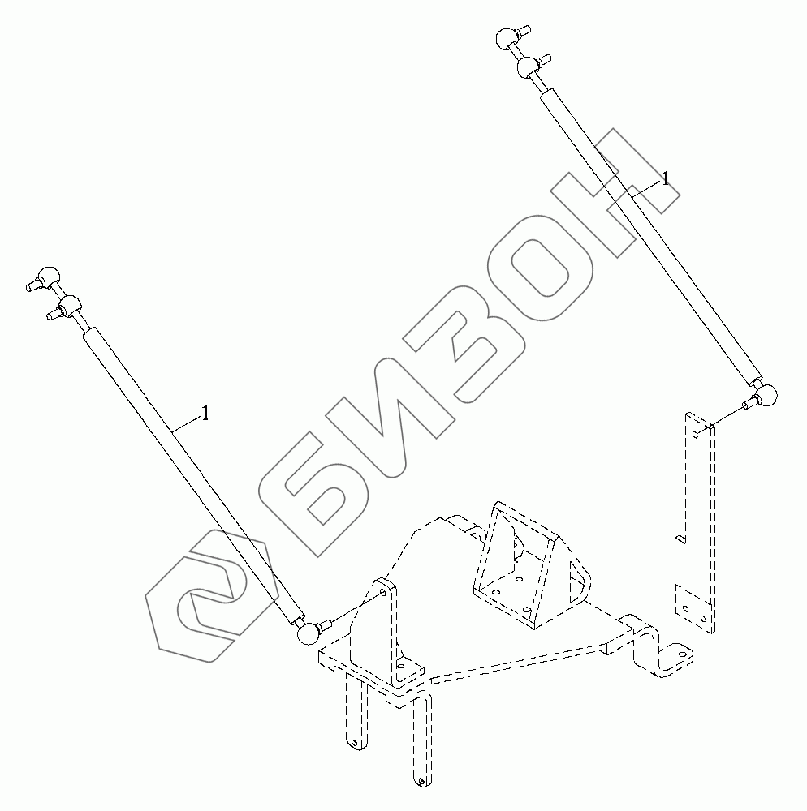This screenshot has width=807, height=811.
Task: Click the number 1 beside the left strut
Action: [205, 414]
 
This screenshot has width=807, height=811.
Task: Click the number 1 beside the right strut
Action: [666, 179]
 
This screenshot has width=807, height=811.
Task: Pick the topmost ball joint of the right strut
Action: [508, 37]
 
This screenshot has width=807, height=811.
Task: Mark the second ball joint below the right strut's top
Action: [531, 66]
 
